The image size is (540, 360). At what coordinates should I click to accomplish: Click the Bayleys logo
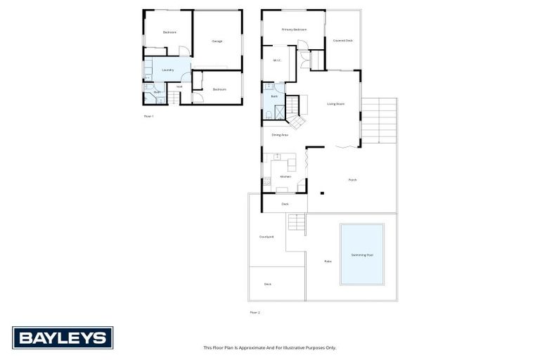(63, 337)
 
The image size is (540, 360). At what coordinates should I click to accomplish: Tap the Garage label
(217, 41)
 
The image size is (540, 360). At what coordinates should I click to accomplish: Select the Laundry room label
(167, 70)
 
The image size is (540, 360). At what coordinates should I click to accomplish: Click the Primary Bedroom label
(294, 30)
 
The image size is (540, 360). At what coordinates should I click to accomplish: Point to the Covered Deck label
(343, 41)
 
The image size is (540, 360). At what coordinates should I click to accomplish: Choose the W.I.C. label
(277, 60)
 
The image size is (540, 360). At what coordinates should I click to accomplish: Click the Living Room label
(335, 104)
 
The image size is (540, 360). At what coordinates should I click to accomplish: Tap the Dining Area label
(280, 134)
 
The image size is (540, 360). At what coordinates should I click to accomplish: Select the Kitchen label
(285, 176)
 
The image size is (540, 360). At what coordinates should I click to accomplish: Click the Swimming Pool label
(362, 255)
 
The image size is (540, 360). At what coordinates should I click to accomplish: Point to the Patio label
(328, 262)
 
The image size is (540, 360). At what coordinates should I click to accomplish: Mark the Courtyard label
(266, 237)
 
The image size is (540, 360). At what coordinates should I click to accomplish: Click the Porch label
(353, 180)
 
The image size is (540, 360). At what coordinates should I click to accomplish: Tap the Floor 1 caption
(148, 116)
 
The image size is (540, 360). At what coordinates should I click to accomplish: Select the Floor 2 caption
(255, 311)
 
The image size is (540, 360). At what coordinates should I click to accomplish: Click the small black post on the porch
(321, 193)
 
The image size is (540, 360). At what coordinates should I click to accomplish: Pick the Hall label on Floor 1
(179, 87)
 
